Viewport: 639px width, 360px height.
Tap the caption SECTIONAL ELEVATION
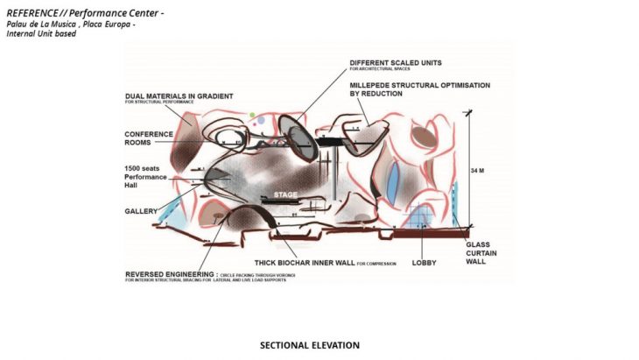click(309, 345)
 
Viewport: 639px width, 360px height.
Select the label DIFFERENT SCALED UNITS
click(395, 64)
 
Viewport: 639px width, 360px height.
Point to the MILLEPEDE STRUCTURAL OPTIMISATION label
click(419, 86)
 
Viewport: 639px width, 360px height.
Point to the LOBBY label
click(424, 262)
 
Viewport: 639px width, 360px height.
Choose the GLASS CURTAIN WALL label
click(481, 251)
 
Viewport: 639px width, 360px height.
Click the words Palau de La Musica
click(41, 25)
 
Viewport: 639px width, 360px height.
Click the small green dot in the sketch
click(251, 115)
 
